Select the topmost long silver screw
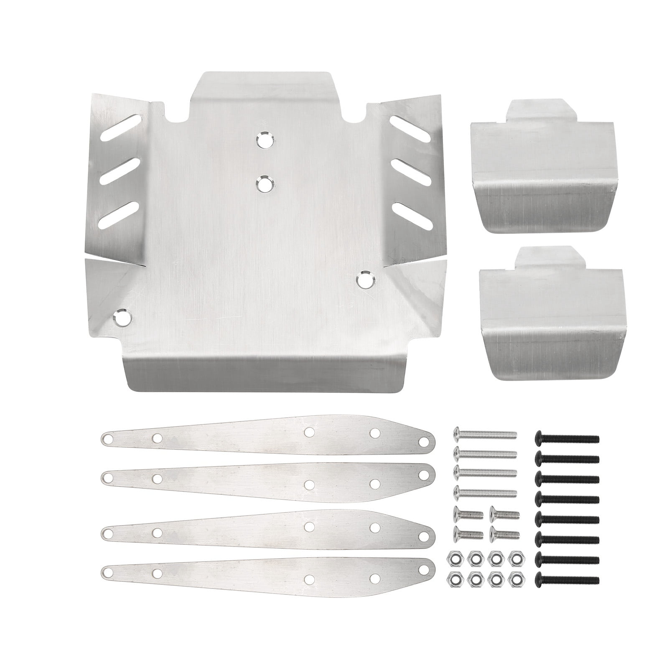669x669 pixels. pos(485,435)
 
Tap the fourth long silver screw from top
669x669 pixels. pos(485,492)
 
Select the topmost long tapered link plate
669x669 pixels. pos(267,437)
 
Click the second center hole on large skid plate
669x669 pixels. pos(265,184)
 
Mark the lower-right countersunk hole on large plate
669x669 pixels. pos(366,280)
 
